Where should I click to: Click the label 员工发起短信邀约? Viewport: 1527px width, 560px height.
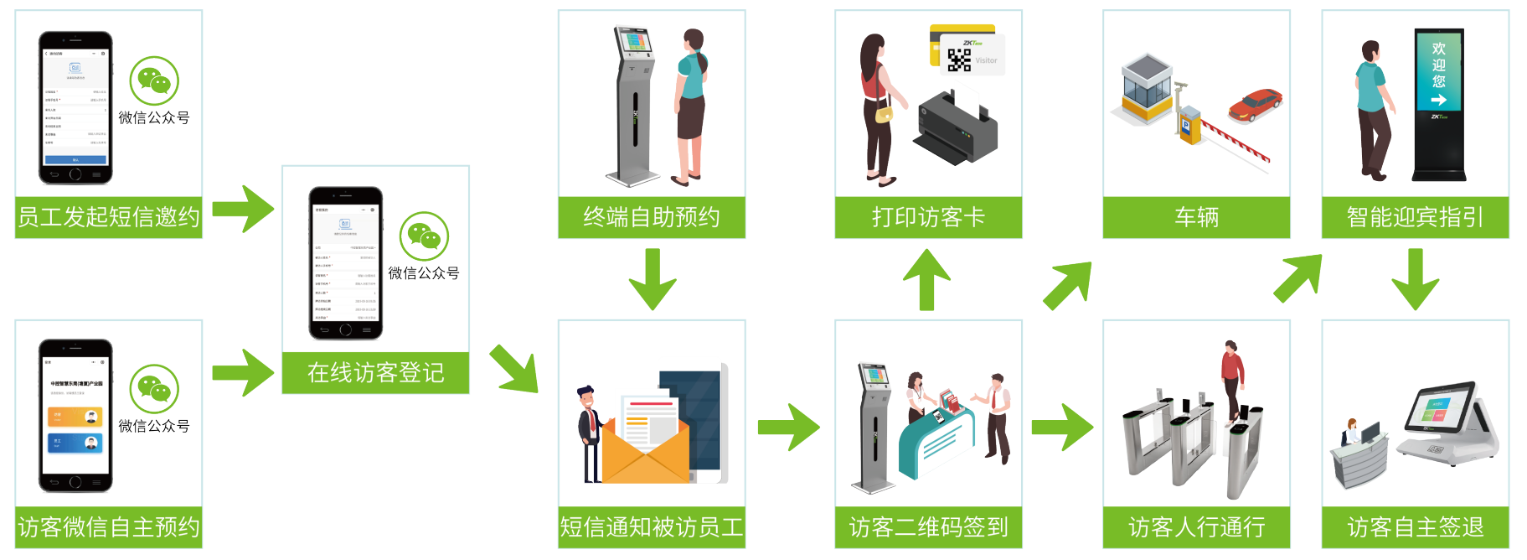pyautogui.click(x=109, y=217)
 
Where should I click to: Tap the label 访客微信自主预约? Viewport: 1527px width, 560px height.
pyautogui.click(x=109, y=527)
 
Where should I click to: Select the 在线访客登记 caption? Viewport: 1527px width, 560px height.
pyautogui.click(x=375, y=372)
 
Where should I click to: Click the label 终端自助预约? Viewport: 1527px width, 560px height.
pyautogui.click(x=652, y=217)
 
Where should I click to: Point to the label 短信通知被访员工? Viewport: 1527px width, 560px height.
pyautogui.click(x=652, y=527)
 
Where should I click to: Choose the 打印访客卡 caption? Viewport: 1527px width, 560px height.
pyautogui.click(x=928, y=217)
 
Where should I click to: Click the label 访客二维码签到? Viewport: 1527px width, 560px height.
pyautogui.click(x=928, y=527)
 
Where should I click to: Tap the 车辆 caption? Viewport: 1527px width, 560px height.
pyautogui.click(x=1196, y=217)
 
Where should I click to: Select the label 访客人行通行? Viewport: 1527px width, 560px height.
pyautogui.click(x=1196, y=527)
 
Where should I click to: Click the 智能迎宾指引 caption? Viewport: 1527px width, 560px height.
pyautogui.click(x=1415, y=217)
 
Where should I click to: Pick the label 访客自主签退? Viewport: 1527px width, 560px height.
pyautogui.click(x=1415, y=527)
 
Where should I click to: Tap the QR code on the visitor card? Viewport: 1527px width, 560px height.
pyautogui.click(x=959, y=60)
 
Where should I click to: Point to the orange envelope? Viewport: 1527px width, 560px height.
pyautogui.click(x=645, y=449)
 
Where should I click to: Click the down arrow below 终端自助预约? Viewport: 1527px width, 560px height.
pyautogui.click(x=652, y=280)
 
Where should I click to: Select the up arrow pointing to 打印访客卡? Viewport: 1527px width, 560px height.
pyautogui.click(x=927, y=278)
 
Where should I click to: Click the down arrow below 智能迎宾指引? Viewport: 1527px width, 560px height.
pyautogui.click(x=1415, y=280)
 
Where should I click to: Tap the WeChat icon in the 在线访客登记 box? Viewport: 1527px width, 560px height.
pyautogui.click(x=424, y=236)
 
